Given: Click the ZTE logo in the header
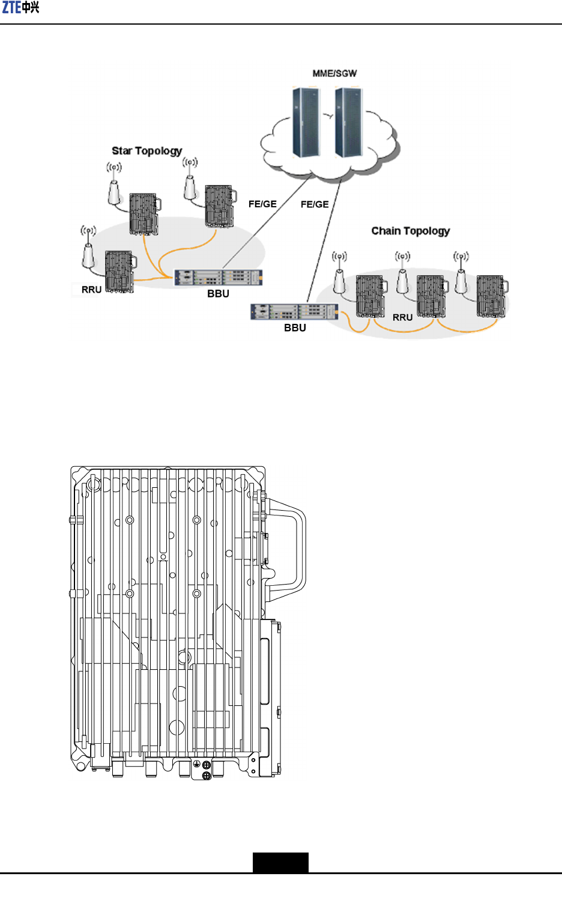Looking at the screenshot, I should [21, 8].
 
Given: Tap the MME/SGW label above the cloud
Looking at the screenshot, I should [334, 73].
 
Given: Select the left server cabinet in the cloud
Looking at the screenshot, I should [306, 123].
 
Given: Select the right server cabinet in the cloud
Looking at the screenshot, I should [348, 123].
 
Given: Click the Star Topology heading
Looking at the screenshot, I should [147, 151].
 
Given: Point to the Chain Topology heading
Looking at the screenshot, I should [410, 231].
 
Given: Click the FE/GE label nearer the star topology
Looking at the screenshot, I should [262, 204].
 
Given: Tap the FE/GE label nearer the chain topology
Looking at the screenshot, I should [315, 204].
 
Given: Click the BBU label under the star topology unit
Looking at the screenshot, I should [218, 294].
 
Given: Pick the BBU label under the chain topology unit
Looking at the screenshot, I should [295, 328].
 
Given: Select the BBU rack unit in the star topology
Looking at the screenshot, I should [219, 278].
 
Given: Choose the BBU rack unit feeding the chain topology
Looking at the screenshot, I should [294, 312].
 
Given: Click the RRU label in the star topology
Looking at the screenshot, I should [91, 290].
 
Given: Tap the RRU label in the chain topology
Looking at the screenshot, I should [402, 317].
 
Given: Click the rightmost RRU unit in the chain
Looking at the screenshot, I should [491, 296].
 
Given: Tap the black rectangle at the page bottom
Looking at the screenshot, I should [280, 862].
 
